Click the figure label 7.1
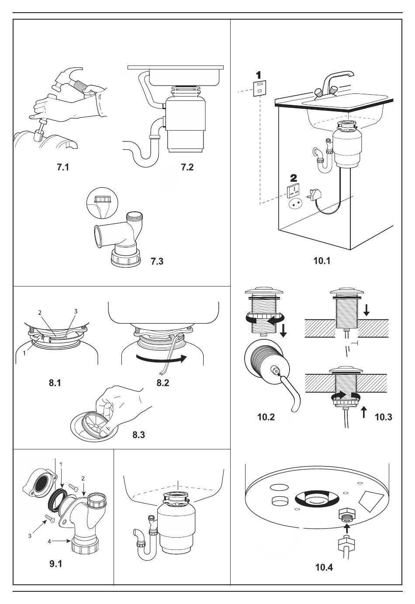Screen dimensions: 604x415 63,167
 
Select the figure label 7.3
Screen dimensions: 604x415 156,262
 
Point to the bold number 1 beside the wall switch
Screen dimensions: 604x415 259,74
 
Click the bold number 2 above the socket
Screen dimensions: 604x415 294,178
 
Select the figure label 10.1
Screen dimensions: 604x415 322,261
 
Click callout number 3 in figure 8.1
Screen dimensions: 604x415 76,311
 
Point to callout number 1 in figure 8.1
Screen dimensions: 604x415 24,353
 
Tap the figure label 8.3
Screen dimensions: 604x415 138,435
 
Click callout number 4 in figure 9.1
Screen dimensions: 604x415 49,541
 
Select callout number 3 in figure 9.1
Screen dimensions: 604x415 30,536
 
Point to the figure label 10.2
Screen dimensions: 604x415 266,417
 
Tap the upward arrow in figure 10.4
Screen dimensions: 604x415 347,529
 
